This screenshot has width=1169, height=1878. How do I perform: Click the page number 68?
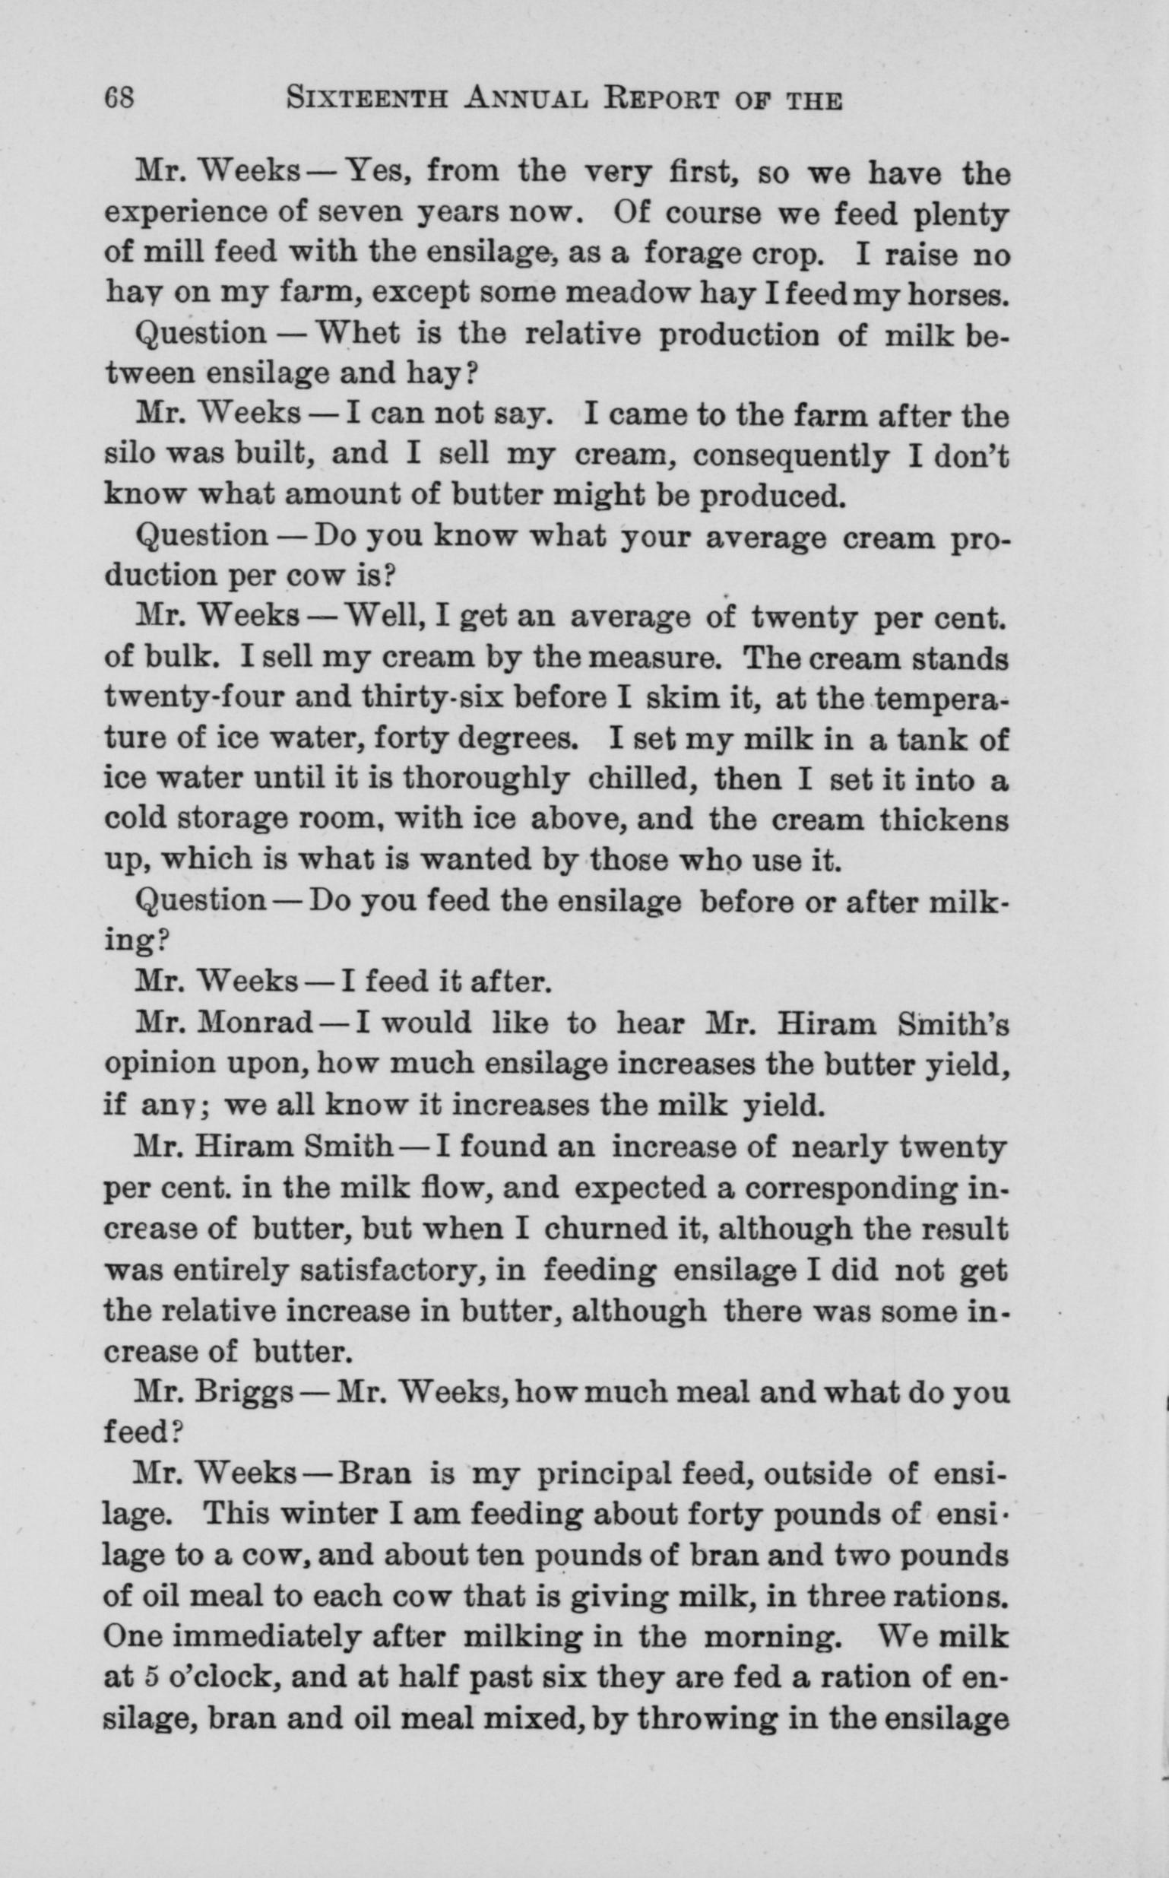(122, 100)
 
